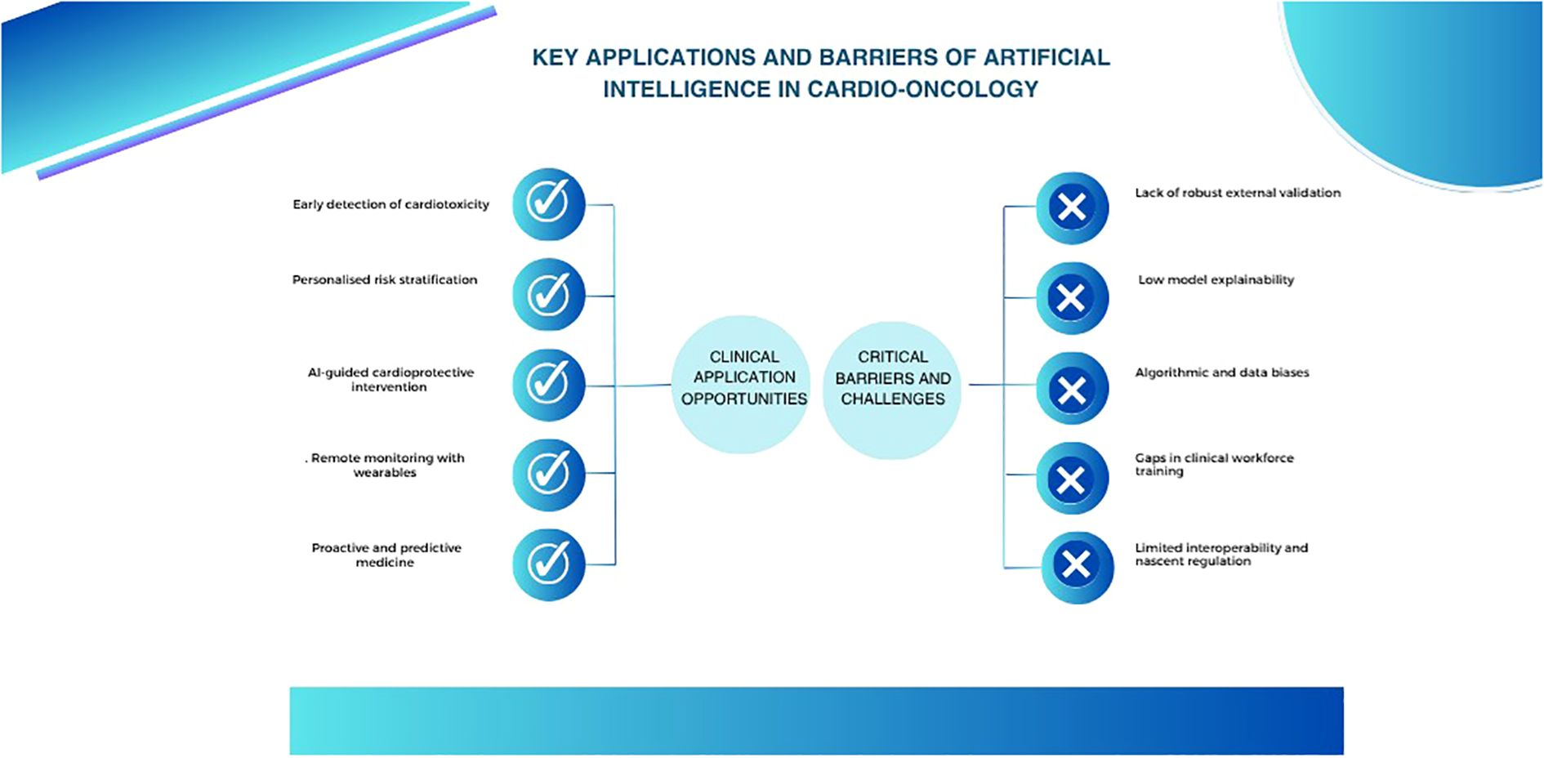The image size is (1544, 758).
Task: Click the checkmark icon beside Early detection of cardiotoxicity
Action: pos(548,204)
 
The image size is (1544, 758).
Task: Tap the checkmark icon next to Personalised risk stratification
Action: pos(548,295)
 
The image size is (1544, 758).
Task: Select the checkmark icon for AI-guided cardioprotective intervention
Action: pos(548,385)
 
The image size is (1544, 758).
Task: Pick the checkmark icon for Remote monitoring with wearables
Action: pos(548,475)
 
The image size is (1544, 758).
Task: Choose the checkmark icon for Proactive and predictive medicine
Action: pos(548,564)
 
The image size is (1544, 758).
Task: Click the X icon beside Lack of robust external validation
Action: pos(1072,207)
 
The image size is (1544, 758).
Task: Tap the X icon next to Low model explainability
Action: pos(1072,298)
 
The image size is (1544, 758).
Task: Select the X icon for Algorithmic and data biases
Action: pos(1072,388)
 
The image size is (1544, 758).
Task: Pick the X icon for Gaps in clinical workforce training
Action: pos(1072,478)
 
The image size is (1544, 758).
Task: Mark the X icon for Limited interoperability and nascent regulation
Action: pos(1077,568)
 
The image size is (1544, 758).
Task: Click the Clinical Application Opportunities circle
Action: pos(742,385)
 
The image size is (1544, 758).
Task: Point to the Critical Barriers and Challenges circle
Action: pos(892,390)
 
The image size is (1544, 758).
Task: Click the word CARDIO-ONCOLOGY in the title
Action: pos(923,89)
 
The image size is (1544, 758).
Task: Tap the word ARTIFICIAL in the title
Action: pos(1046,57)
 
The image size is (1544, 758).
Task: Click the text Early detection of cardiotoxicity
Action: pos(390,204)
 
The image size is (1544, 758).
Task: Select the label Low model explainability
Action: pos(1216,280)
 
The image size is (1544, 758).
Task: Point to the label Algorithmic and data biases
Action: pos(1221,372)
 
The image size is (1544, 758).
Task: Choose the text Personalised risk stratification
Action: pos(385,279)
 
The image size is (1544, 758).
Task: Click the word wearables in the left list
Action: pos(385,473)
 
